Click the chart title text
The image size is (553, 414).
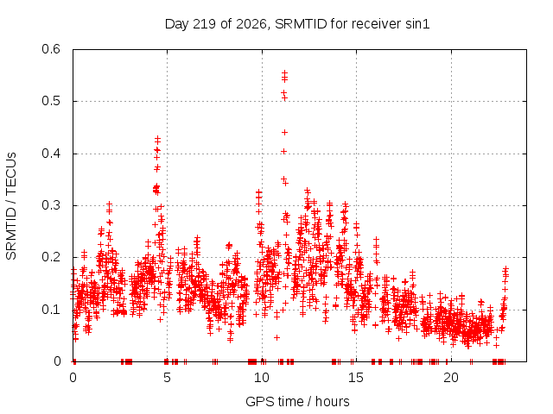(x=297, y=24)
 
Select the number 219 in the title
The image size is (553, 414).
(x=205, y=24)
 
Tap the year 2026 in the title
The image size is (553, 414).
(x=251, y=24)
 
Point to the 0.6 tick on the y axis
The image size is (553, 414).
(x=51, y=49)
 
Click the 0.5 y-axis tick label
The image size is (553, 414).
(x=51, y=101)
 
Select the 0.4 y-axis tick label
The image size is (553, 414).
(x=51, y=154)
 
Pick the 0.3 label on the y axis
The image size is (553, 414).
(x=51, y=205)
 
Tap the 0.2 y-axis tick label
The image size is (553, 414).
(x=51, y=257)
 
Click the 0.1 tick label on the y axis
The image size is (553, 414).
(x=51, y=310)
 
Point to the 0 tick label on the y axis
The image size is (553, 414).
(x=57, y=361)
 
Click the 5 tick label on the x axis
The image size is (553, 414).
(x=167, y=378)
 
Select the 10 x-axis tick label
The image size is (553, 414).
(x=261, y=378)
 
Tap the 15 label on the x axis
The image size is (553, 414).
(x=356, y=378)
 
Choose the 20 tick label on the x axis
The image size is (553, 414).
(x=451, y=378)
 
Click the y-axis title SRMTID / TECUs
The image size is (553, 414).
(x=11, y=206)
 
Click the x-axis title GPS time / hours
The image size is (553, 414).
(x=297, y=401)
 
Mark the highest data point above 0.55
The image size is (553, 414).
(x=284, y=72)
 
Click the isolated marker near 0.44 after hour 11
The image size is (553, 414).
(x=284, y=132)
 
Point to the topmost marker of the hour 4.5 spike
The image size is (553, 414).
(x=157, y=138)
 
